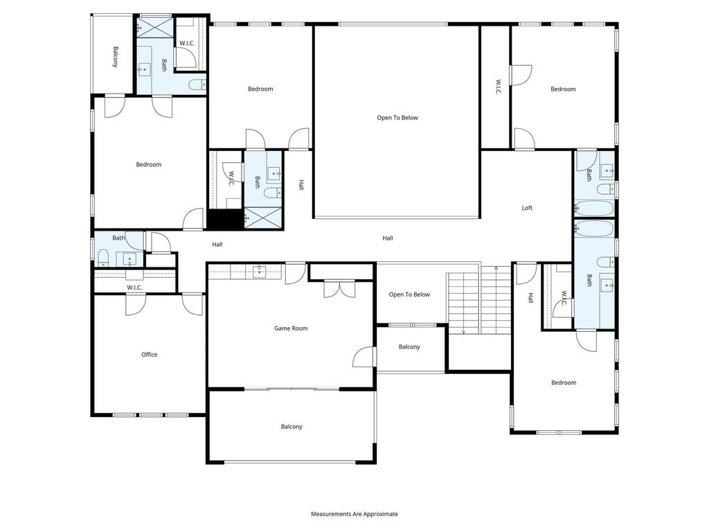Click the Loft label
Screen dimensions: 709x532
tap(527, 208)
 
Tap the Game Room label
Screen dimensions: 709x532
tap(291, 328)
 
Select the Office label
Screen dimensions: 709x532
tap(150, 355)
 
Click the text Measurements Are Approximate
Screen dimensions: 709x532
tap(354, 514)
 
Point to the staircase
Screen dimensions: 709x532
tap(479, 299)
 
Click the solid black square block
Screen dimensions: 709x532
tap(225, 220)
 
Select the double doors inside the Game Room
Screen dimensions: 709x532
tap(339, 290)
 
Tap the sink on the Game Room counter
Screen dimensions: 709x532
tap(259, 272)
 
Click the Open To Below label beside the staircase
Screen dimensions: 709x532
tap(409, 294)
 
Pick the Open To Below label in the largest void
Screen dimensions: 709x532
tap(397, 118)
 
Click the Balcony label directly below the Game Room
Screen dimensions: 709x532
tap(291, 427)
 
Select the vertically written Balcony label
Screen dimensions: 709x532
tap(116, 57)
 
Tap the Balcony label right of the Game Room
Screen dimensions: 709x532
tap(409, 347)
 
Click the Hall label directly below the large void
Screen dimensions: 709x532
tap(388, 238)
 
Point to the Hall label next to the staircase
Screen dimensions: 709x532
tap(531, 298)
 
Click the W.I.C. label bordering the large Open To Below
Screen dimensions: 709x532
tap(498, 87)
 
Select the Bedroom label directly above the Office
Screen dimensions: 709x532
tap(149, 165)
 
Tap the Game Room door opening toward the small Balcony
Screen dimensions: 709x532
tap(364, 357)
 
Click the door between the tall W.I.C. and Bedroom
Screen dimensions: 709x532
tap(521, 75)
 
